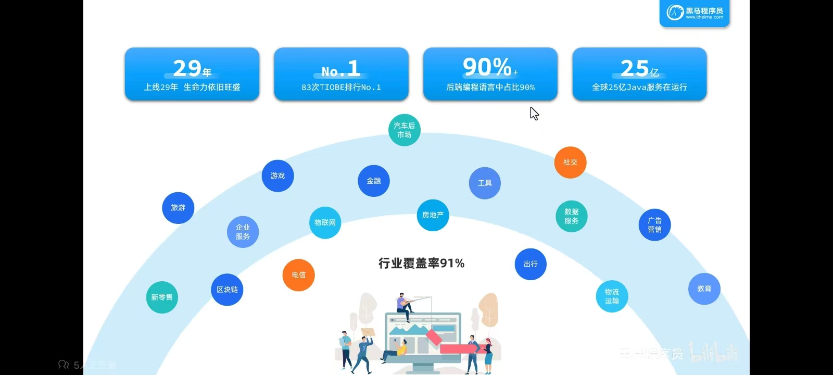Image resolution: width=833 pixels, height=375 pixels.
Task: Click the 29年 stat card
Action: click(x=192, y=74)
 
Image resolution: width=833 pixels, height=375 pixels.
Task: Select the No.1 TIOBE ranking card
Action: click(x=341, y=74)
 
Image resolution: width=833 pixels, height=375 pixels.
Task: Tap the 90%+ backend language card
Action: click(x=490, y=74)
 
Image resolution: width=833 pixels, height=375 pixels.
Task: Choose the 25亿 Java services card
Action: click(x=639, y=74)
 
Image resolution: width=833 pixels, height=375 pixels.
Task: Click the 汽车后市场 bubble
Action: click(x=405, y=130)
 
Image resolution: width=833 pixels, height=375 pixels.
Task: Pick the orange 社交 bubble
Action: click(x=571, y=162)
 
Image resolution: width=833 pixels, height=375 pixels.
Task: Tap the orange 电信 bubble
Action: click(x=298, y=275)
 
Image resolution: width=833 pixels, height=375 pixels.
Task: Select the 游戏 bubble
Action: click(x=277, y=176)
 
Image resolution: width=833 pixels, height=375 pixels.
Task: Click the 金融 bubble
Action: click(x=374, y=181)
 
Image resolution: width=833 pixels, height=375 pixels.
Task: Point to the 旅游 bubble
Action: click(x=178, y=208)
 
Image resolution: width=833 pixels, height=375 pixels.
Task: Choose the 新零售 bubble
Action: click(x=162, y=297)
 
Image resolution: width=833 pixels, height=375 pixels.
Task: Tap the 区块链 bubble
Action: click(x=227, y=290)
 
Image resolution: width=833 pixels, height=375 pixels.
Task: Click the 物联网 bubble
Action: click(x=325, y=223)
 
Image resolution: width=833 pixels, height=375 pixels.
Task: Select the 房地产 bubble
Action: click(x=433, y=215)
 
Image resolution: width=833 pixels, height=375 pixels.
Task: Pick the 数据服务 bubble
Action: click(x=572, y=216)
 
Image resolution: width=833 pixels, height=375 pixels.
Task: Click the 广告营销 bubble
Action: click(x=654, y=225)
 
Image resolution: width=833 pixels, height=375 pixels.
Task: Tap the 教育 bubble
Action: click(x=704, y=289)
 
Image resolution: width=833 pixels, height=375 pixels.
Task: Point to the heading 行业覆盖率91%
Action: click(x=421, y=264)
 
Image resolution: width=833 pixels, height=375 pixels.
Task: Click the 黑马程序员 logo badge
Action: click(x=695, y=12)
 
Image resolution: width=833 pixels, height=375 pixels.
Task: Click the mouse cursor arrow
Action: click(x=534, y=113)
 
